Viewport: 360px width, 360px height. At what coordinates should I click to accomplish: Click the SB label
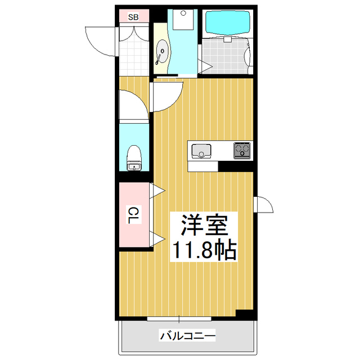click(133, 17)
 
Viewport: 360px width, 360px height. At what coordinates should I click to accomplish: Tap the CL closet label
click(133, 215)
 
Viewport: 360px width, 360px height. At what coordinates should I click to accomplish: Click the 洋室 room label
click(204, 225)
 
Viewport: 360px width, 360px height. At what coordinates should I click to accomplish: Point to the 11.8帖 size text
click(204, 250)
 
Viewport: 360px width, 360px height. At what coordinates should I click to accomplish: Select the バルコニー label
click(187, 336)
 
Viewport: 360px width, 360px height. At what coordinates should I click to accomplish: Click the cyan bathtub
click(227, 22)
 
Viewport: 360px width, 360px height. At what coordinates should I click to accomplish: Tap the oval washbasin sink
click(162, 52)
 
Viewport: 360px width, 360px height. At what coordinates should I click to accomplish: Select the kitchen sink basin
click(201, 151)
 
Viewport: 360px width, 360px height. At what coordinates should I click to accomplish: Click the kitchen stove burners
click(242, 150)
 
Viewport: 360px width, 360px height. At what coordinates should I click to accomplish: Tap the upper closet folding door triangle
click(157, 191)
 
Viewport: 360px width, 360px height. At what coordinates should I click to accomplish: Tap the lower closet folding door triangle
click(157, 239)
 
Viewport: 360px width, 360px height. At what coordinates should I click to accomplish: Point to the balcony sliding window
click(179, 319)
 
